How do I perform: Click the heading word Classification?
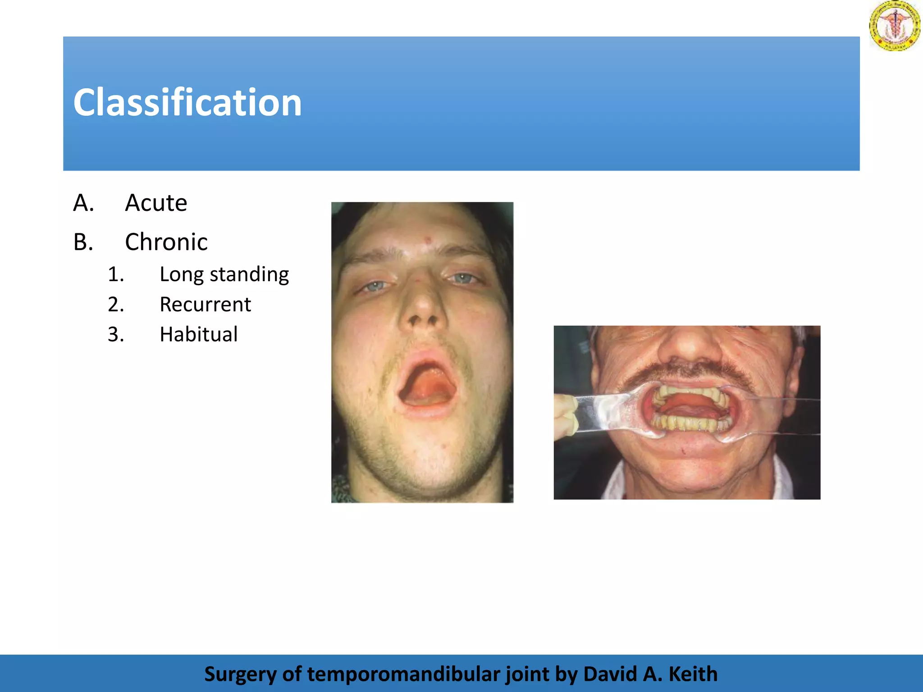[187, 103]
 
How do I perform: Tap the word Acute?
[156, 203]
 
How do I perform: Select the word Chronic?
[166, 242]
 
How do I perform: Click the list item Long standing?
[224, 274]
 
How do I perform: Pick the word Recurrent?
[205, 305]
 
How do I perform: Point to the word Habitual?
[198, 335]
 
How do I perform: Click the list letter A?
[83, 203]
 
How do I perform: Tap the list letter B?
[83, 242]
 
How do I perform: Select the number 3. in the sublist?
[116, 335]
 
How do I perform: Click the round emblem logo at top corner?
[895, 26]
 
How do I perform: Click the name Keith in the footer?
[693, 674]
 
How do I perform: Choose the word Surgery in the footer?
[240, 674]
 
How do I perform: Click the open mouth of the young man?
[426, 383]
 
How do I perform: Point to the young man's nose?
[422, 306]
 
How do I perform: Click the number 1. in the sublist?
[116, 274]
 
